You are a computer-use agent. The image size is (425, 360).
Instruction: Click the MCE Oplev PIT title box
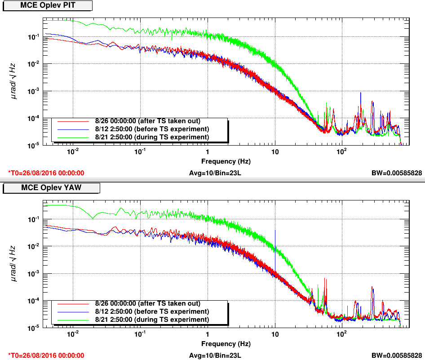47,5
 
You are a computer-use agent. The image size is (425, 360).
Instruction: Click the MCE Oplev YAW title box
51,187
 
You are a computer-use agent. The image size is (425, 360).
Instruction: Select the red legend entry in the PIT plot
139,121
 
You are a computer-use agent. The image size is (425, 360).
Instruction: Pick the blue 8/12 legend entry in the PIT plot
139,129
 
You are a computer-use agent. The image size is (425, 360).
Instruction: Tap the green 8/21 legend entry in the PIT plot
139,137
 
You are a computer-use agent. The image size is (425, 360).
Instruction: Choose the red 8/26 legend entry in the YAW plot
139,303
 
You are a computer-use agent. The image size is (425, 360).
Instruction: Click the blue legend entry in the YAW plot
139,311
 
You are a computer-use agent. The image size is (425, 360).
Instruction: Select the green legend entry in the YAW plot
139,319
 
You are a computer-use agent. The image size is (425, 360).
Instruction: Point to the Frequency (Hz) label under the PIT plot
226,161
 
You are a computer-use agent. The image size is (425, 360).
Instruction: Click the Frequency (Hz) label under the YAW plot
226,344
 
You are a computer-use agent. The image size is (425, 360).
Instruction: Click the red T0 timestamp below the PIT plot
46,173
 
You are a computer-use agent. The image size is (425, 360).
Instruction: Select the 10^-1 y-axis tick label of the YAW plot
32,220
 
